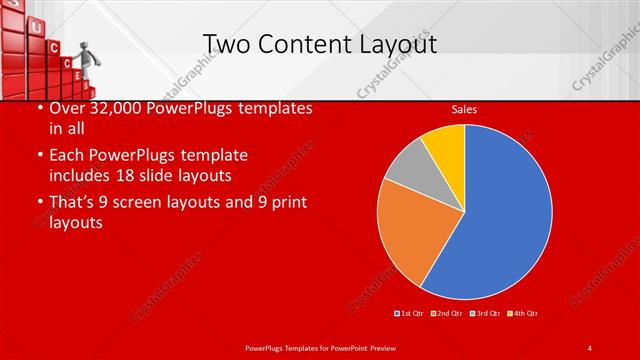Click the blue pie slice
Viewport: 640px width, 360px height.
(x=505, y=215)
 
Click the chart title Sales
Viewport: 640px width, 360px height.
(x=463, y=109)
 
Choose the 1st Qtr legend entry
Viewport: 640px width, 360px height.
(x=409, y=315)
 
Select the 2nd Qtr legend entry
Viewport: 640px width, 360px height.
(x=447, y=315)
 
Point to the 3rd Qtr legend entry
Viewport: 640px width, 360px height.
(x=485, y=315)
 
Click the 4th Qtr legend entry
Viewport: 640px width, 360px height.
(x=523, y=315)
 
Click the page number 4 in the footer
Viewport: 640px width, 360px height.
(x=590, y=346)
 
